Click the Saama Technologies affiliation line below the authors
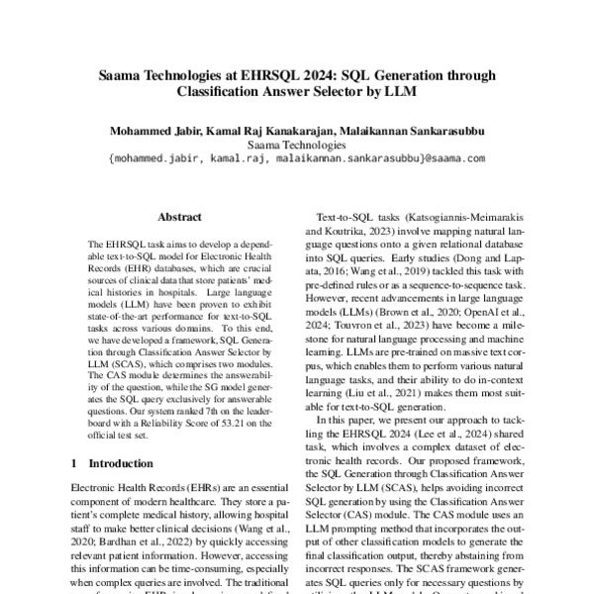click(297, 145)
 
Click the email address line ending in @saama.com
click(297, 158)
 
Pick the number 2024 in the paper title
click(323, 73)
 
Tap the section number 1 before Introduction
click(75, 462)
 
